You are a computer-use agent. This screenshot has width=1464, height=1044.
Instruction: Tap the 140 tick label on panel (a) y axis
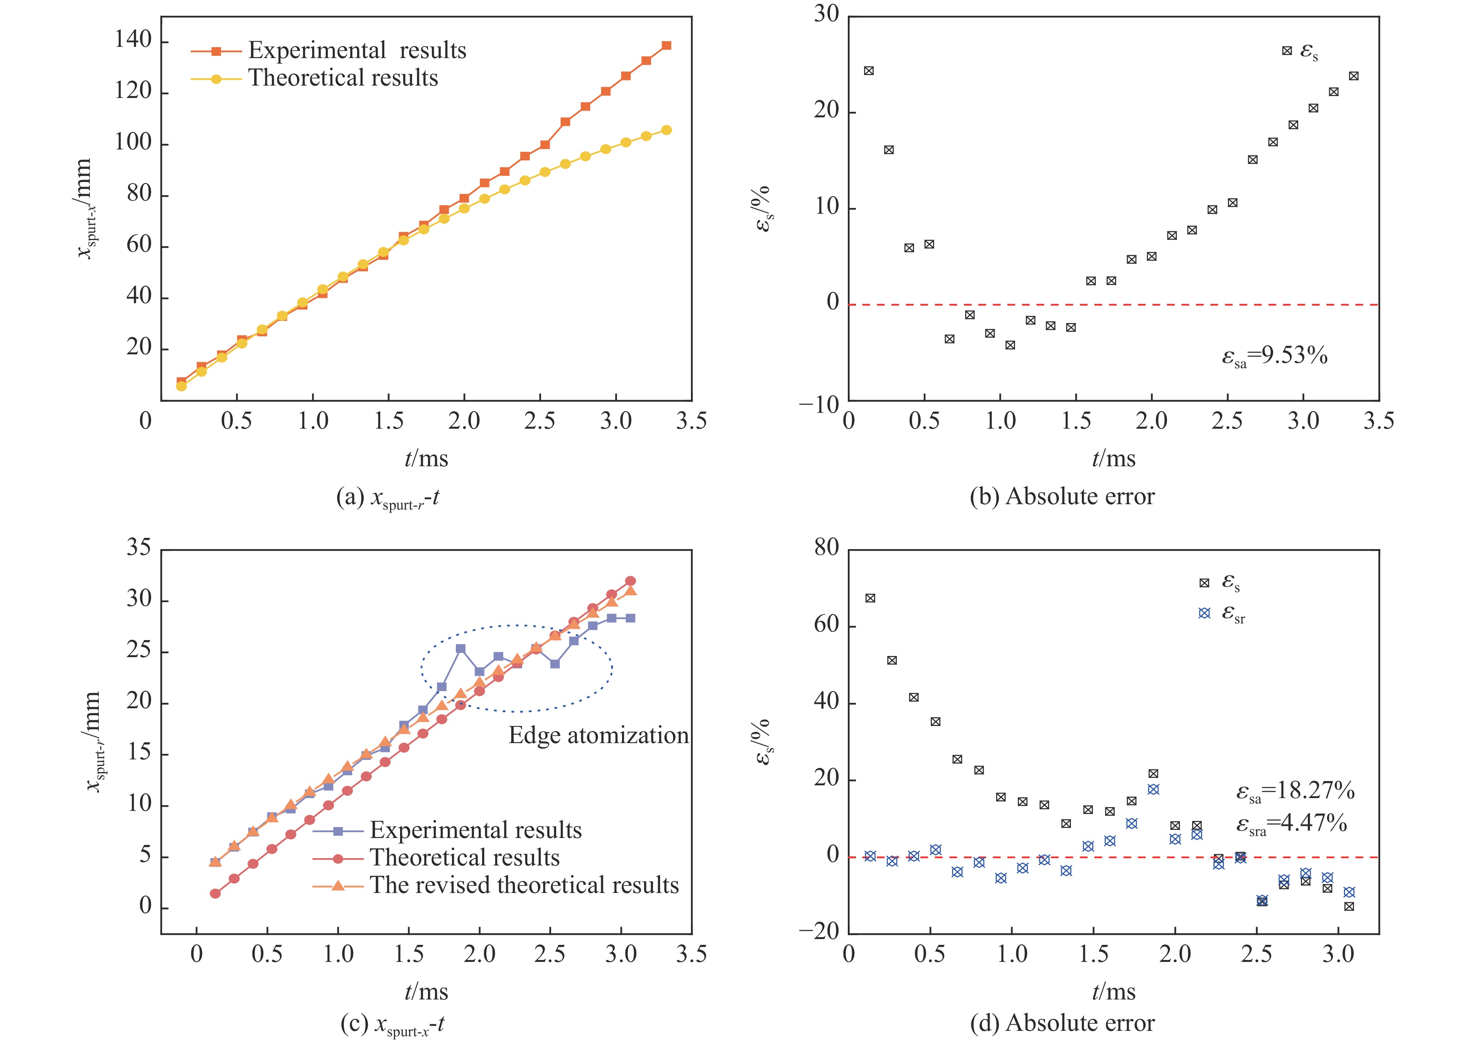(133, 41)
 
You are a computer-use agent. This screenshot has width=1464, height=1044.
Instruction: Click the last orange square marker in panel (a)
(666, 46)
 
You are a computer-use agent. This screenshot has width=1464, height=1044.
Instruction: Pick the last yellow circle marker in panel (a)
(666, 130)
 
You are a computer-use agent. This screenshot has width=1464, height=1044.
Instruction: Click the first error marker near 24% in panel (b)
(869, 71)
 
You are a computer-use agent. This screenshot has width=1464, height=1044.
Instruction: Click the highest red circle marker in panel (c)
(630, 581)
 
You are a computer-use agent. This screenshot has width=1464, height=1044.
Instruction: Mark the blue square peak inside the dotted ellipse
(461, 649)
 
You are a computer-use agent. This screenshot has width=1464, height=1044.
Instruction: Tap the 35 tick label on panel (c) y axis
(139, 548)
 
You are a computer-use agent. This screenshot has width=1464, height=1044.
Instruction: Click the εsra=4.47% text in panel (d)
(1291, 824)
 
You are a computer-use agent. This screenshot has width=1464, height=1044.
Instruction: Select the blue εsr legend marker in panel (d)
(1204, 613)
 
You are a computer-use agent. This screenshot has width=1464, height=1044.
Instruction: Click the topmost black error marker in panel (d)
(870, 599)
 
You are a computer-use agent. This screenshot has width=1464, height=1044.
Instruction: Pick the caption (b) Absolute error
(1062, 497)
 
